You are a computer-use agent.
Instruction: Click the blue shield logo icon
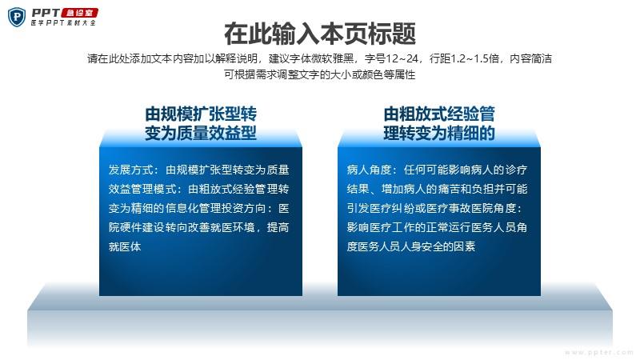[x=17, y=18]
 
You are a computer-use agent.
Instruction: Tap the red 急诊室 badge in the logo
[x=79, y=13]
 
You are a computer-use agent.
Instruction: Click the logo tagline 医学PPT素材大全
[x=63, y=23]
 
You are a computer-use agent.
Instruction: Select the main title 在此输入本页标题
[x=320, y=34]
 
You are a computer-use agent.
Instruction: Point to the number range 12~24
[x=402, y=58]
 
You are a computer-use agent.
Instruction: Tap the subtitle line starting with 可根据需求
[x=319, y=74]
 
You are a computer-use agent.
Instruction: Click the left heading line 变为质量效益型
[x=201, y=133]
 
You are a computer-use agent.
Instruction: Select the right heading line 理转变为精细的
[x=439, y=133]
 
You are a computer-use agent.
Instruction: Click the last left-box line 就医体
[x=125, y=246]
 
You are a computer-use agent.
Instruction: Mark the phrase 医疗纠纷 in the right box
[x=403, y=208]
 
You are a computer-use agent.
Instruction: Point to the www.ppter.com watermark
[x=598, y=352]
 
